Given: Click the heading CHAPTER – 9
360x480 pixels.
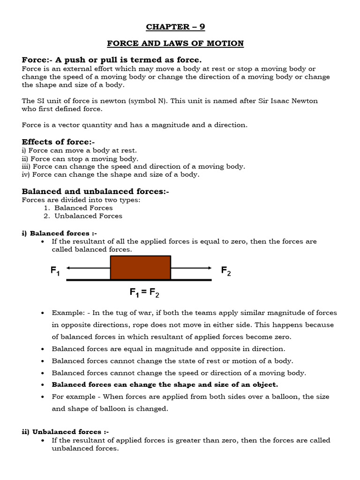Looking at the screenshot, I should coord(175,27).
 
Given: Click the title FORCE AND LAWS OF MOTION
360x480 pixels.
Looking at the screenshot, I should coord(175,44).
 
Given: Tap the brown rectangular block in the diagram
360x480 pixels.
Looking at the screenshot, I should coord(140,268).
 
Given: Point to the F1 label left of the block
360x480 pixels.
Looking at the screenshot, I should coord(55,271).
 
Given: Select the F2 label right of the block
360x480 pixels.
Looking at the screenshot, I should coord(226,271).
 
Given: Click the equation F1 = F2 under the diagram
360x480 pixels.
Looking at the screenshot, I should coord(144,293).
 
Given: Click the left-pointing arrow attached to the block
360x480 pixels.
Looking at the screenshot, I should coord(88,268).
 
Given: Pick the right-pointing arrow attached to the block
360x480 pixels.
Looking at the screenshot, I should coord(191,268).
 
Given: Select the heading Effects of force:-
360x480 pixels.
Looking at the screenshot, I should coord(59,142).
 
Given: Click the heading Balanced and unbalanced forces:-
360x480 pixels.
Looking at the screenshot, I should coord(95,191).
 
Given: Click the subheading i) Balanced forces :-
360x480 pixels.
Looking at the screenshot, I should coord(60,233).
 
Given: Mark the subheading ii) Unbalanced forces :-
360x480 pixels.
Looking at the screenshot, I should coord(65,432).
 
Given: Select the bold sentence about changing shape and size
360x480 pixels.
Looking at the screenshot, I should coord(165,384).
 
